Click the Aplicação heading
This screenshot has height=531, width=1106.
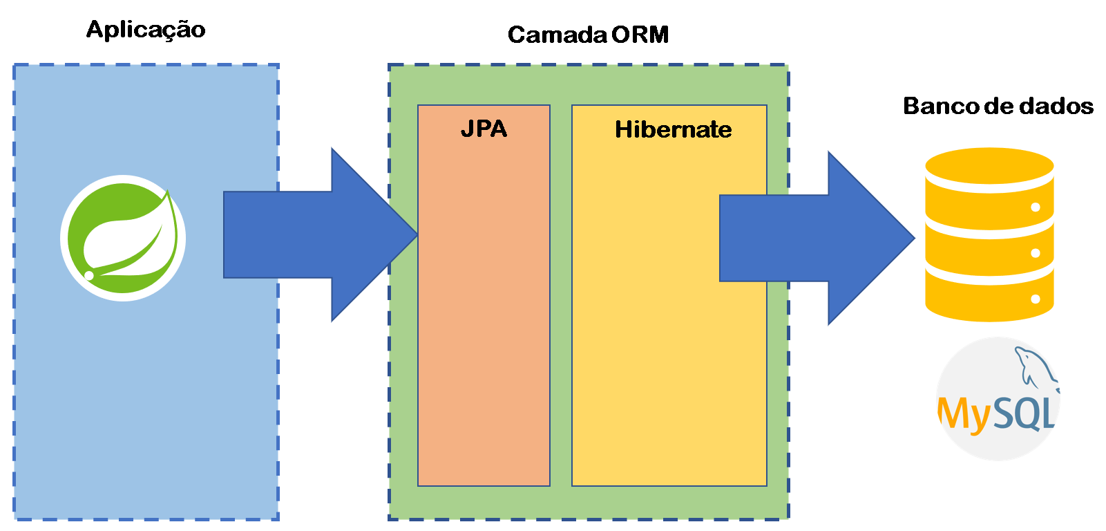pos(146,30)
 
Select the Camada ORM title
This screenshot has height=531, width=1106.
pos(588,35)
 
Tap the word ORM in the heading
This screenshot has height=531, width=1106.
pos(640,35)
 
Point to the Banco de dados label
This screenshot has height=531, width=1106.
pos(998,106)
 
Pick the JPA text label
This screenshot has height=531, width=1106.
pos(484,129)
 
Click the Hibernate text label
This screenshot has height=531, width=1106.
pos(673,129)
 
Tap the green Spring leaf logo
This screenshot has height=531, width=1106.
pos(123,238)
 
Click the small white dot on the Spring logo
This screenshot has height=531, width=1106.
pos(89,275)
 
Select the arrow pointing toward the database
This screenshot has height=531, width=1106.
pos(815,238)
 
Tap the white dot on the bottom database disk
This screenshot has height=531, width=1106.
pos(1035,299)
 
